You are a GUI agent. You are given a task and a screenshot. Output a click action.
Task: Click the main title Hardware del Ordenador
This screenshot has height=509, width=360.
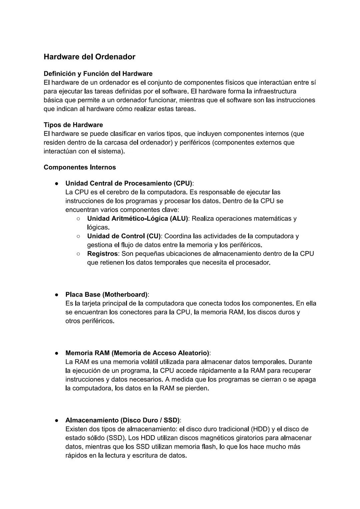(89, 57)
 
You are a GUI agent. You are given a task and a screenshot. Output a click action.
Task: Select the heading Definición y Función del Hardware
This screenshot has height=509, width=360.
(98, 74)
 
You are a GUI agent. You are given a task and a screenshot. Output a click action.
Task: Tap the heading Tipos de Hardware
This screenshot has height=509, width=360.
(73, 125)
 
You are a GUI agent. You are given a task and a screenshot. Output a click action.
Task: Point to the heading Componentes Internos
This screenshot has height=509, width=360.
(80, 167)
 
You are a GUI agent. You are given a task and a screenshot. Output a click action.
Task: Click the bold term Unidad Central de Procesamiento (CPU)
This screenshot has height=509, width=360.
(129, 183)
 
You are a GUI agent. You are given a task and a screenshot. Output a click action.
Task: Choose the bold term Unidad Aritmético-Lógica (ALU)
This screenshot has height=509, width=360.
(137, 219)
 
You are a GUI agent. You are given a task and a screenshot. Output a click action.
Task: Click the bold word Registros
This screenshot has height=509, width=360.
(102, 254)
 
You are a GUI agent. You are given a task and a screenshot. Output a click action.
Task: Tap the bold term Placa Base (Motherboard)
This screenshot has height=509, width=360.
(106, 295)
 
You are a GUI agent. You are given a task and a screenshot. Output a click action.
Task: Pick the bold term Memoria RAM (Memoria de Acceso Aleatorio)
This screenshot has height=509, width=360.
(137, 353)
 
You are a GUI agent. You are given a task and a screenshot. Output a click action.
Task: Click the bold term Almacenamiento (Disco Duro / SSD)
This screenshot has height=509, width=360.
(122, 420)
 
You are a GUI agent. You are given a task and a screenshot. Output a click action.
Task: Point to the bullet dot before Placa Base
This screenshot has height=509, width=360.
(57, 295)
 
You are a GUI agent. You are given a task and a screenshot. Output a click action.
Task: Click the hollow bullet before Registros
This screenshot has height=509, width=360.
(78, 254)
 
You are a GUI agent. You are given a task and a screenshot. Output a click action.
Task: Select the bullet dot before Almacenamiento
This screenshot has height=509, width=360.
(57, 420)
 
